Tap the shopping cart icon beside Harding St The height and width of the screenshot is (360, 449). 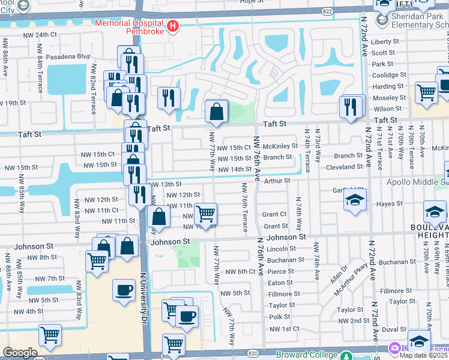point(426,94)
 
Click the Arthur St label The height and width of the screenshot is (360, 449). point(277,180)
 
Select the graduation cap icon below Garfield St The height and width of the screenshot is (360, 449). point(355,200)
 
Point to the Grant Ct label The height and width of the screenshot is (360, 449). point(274,214)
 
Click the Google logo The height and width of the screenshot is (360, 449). point(20,353)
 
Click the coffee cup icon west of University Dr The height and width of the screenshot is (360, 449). point(124,290)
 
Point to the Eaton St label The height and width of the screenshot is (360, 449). point(280,283)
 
